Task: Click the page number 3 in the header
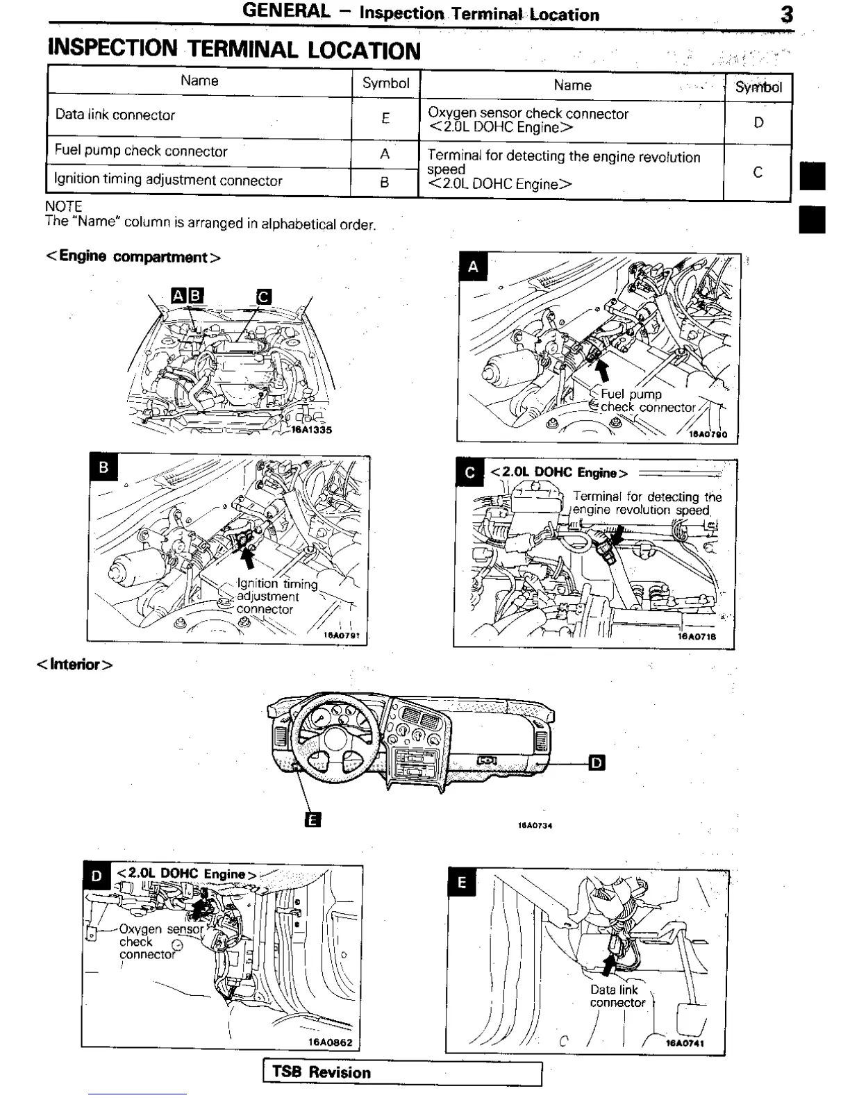point(787,15)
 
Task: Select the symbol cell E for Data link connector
point(385,118)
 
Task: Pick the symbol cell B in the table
point(385,183)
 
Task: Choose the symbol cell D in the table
point(758,123)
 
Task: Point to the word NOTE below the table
point(63,206)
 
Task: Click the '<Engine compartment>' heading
point(133,257)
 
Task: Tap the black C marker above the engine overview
point(263,297)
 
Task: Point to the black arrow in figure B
point(247,558)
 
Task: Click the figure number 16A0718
point(697,636)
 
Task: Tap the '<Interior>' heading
point(74,665)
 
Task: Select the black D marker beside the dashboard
point(597,763)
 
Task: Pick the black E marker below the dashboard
point(312,820)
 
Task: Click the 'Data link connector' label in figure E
point(617,997)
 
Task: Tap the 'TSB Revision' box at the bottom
point(402,1073)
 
